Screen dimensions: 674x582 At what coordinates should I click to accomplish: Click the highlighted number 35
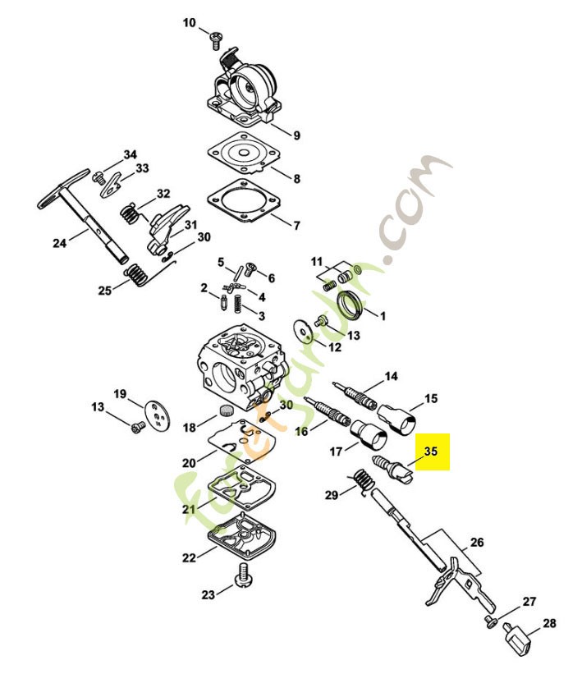click(431, 452)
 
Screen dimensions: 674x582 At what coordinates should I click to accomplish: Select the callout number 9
click(296, 135)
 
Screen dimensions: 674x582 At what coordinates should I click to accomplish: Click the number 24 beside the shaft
click(59, 243)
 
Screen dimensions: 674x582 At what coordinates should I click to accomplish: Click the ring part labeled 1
click(354, 305)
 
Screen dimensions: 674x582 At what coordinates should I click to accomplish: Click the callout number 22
click(189, 558)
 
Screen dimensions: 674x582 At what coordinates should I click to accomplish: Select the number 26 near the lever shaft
click(477, 543)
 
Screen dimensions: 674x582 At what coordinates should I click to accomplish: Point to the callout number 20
click(188, 463)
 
